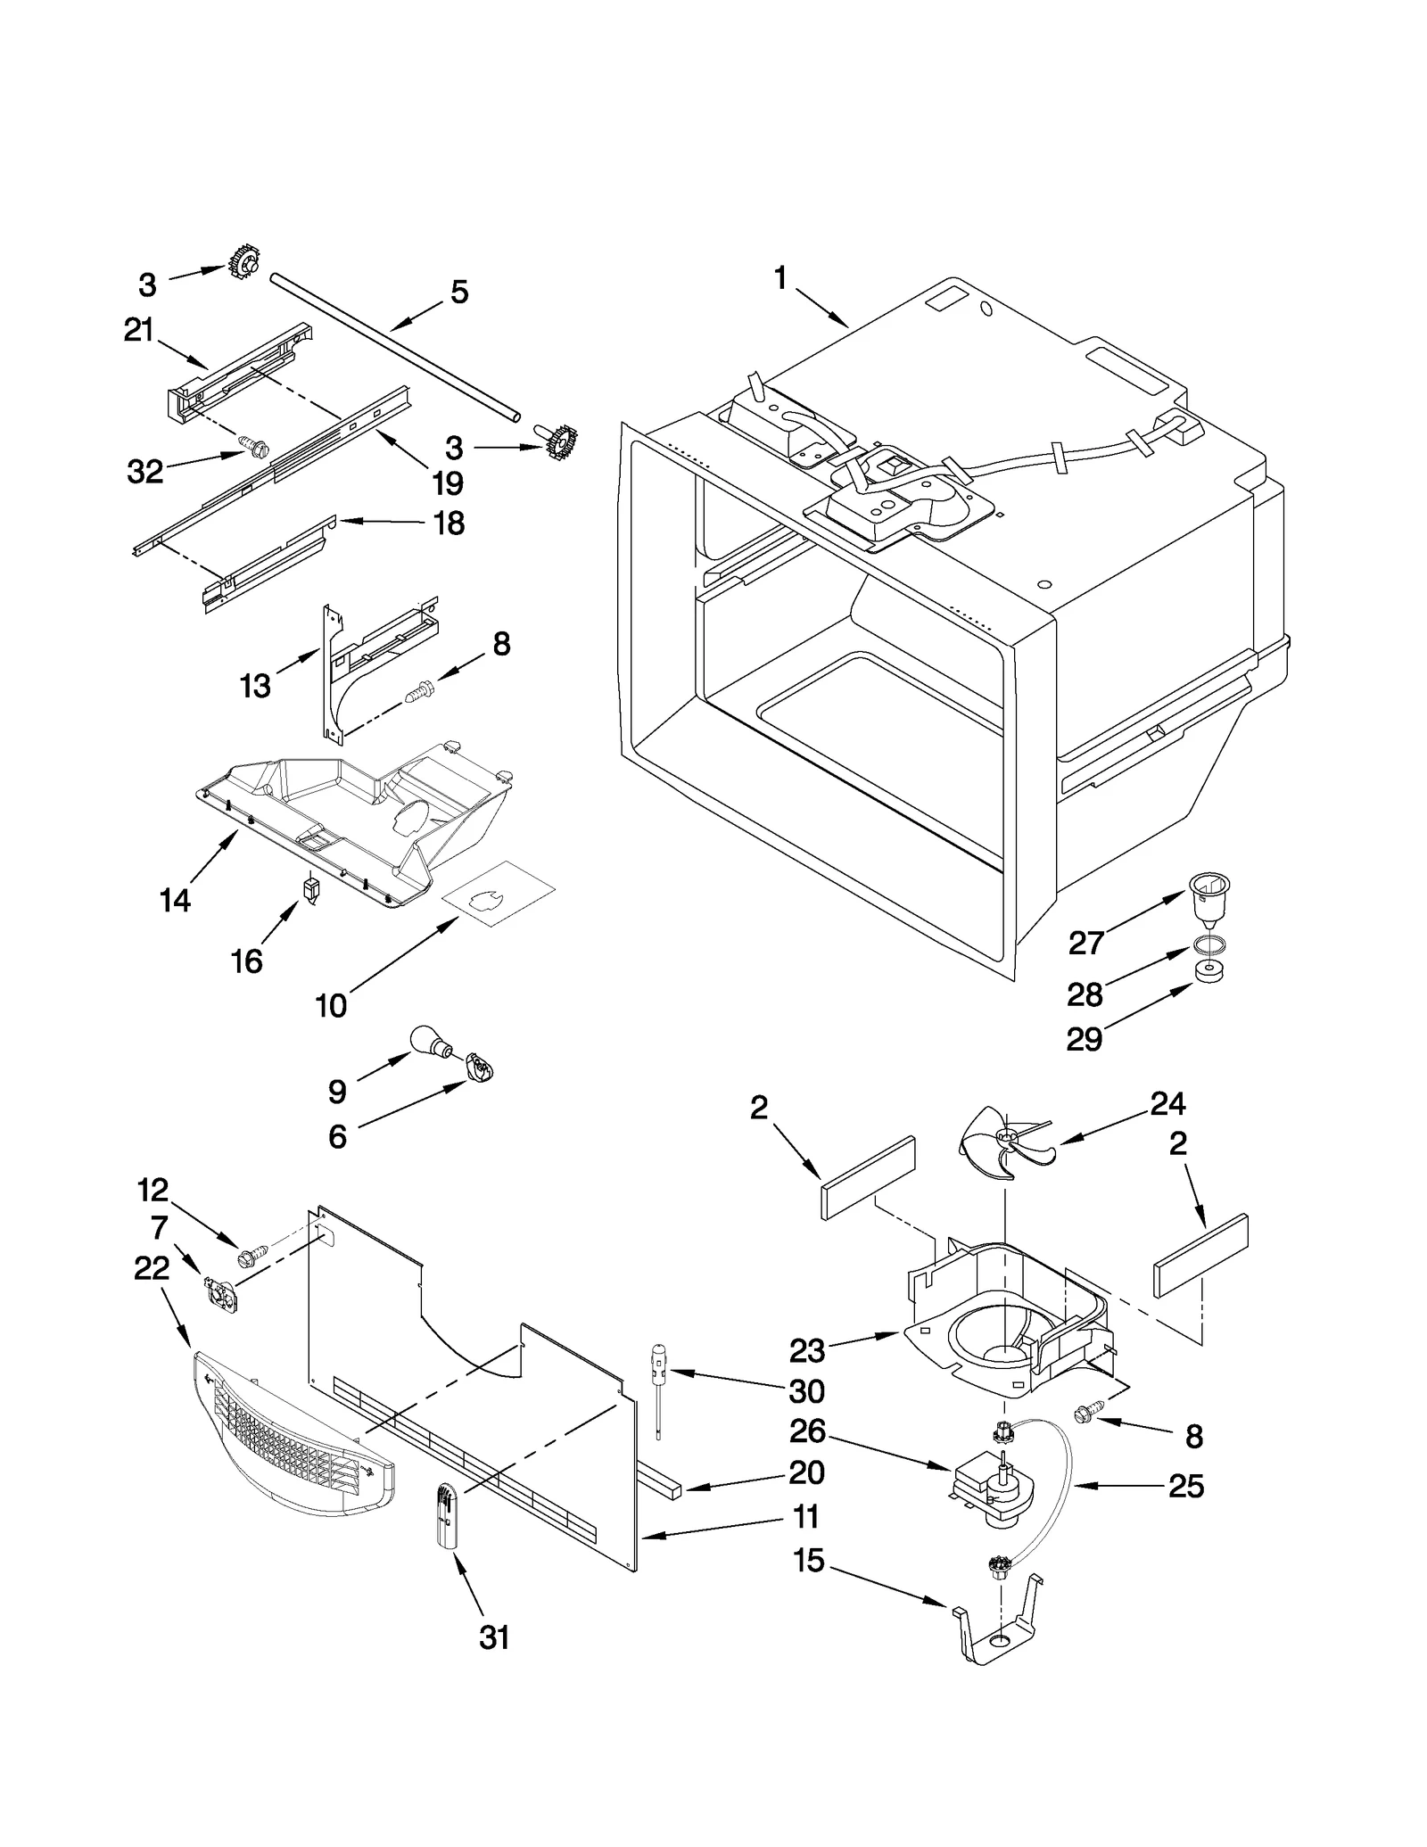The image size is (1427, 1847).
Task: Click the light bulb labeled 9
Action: point(427,1040)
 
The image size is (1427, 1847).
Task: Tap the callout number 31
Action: point(494,1637)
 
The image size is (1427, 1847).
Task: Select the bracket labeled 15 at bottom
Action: point(997,1631)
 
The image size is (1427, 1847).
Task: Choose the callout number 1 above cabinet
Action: point(780,278)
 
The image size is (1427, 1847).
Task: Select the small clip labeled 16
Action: point(310,888)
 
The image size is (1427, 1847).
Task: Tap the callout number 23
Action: point(806,1350)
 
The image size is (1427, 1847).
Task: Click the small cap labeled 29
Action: point(1208,971)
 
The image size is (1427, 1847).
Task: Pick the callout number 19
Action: point(448,482)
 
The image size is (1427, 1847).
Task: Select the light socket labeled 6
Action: point(479,1067)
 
